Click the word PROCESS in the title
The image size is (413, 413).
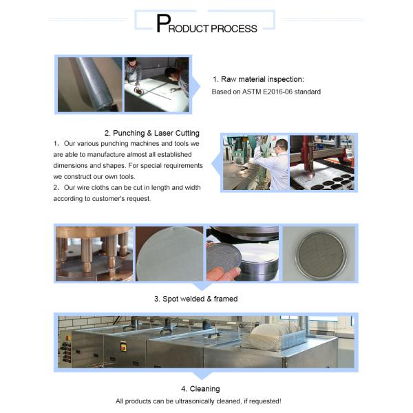(234, 28)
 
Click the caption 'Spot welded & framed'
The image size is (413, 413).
(196, 299)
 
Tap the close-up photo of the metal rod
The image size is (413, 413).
(89, 84)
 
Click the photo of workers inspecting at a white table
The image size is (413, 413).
(156, 84)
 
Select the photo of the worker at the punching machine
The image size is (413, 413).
(255, 162)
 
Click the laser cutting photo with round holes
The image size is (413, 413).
(321, 162)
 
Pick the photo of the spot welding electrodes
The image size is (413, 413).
(94, 254)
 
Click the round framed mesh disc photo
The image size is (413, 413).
(317, 254)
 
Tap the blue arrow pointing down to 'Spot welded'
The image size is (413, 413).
(200, 286)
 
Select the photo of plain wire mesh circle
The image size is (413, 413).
(169, 254)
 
